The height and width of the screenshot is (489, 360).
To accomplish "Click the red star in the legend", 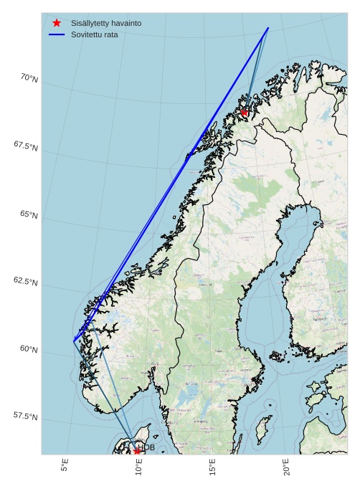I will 57,23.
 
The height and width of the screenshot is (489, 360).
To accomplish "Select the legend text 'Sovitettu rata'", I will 95,34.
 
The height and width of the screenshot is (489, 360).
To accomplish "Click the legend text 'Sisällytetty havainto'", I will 106,23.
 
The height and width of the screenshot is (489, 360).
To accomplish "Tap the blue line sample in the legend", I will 57,34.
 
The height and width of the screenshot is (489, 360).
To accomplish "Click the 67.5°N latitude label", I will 26,146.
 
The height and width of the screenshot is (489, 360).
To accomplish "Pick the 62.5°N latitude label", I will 26,281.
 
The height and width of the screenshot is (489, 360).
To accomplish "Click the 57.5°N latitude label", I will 26,417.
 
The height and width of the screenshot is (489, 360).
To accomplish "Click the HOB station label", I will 146,447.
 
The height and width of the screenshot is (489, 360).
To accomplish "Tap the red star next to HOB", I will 137,451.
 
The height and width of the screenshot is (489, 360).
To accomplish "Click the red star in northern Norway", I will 245,113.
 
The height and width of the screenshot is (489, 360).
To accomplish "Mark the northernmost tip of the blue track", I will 268,28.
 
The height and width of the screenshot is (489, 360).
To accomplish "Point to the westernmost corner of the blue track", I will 74,341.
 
